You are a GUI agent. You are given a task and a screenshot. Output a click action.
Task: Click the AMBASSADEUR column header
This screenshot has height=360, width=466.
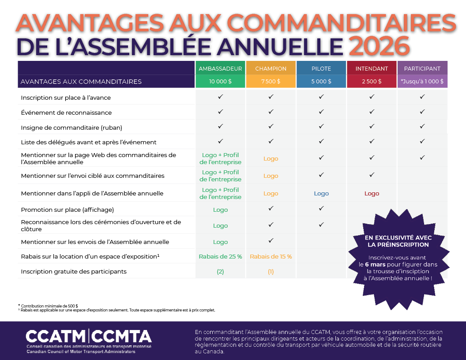(220, 68)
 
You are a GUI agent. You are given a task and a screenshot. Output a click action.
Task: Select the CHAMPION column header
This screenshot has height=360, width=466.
(271, 68)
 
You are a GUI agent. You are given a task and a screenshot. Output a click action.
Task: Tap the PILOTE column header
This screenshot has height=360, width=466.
(321, 68)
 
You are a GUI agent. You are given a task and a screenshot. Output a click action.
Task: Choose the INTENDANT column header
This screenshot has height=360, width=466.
(372, 68)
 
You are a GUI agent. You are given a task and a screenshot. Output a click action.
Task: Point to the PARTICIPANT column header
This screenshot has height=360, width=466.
(422, 68)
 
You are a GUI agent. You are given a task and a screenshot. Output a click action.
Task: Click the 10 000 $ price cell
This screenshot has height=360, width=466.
(220, 81)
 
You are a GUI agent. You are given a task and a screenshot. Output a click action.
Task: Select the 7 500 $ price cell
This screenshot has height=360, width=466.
(271, 81)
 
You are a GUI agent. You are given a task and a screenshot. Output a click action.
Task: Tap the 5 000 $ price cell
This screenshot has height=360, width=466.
(321, 81)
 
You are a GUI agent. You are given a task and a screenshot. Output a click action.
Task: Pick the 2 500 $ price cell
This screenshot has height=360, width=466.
(372, 81)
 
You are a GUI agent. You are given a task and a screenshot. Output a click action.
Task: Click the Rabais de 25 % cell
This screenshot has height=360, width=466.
(220, 256)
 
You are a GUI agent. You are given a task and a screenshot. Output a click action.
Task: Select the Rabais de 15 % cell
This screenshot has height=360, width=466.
(271, 256)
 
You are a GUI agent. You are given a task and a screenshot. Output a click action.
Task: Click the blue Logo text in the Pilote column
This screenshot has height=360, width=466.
(321, 193)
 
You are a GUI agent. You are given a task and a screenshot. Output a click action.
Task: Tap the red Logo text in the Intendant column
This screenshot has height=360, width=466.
(372, 193)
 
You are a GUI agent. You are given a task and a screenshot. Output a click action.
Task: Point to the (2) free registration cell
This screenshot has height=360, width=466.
(220, 271)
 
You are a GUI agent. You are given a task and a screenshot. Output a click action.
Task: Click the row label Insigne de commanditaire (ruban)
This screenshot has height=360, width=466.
(71, 127)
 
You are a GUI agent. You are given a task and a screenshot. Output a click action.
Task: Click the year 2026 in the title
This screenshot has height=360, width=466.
(380, 45)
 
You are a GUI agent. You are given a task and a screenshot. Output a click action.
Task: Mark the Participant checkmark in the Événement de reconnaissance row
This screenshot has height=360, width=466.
(422, 112)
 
